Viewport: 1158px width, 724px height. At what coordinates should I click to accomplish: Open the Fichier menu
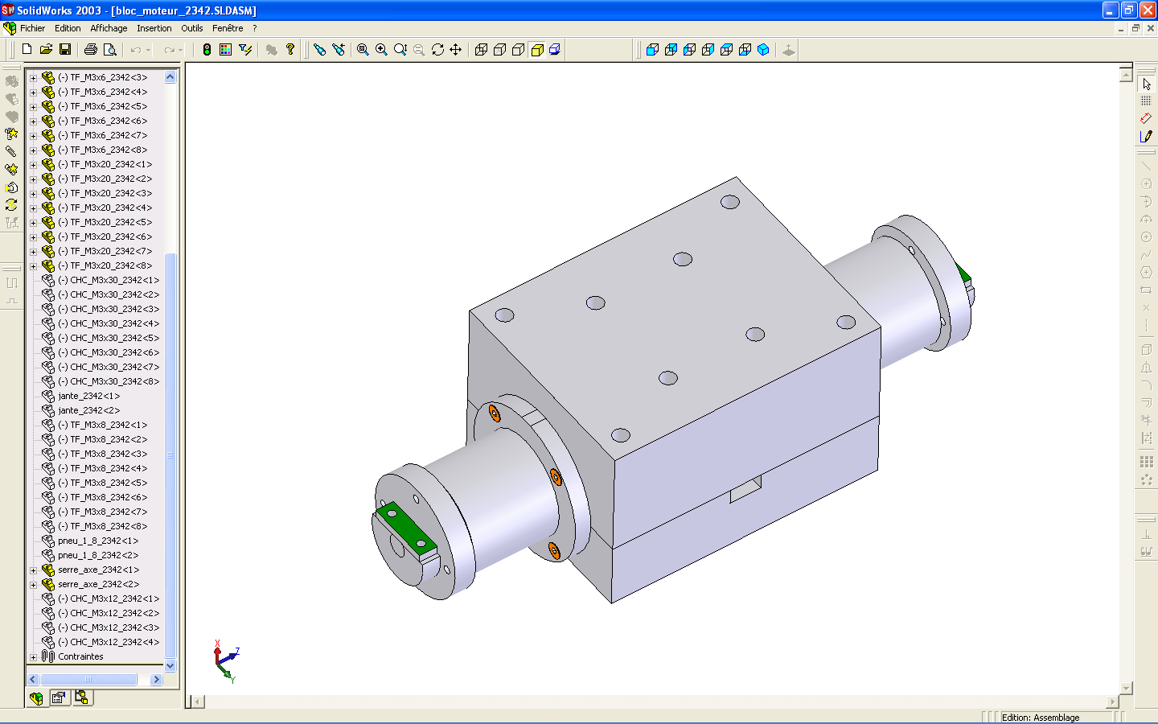32,28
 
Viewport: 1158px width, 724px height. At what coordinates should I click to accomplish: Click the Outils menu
191,28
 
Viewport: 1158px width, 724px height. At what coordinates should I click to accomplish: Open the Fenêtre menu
228,28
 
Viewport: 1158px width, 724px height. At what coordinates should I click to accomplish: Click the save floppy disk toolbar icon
65,50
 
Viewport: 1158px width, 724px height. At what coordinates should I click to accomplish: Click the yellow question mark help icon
290,50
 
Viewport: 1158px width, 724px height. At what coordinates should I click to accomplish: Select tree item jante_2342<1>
89,396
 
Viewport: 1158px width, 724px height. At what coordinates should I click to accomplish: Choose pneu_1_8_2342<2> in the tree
98,555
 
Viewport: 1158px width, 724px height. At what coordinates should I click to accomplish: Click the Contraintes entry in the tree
80,656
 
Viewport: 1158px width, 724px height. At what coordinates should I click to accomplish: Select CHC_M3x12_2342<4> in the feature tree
109,642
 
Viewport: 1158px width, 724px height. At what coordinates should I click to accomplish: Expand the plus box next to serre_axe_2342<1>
33,570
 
